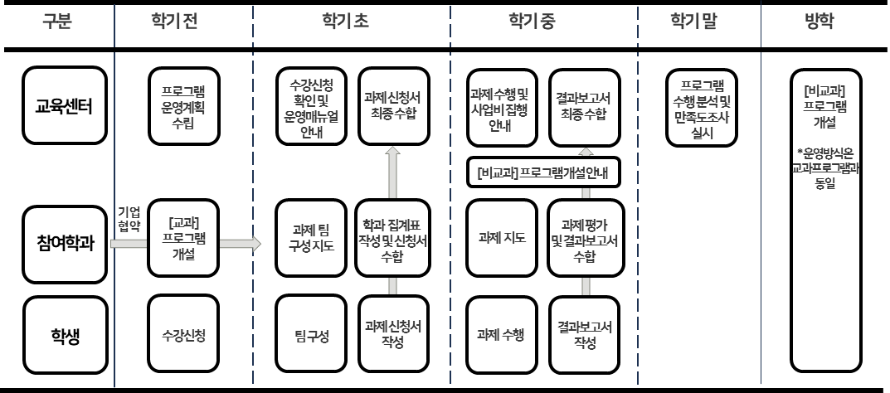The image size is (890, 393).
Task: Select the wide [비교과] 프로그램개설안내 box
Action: point(543,172)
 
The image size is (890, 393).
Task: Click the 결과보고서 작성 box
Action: point(584,337)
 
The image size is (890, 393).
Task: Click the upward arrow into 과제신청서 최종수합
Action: point(393,170)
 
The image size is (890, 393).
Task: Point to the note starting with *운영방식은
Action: point(824,169)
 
